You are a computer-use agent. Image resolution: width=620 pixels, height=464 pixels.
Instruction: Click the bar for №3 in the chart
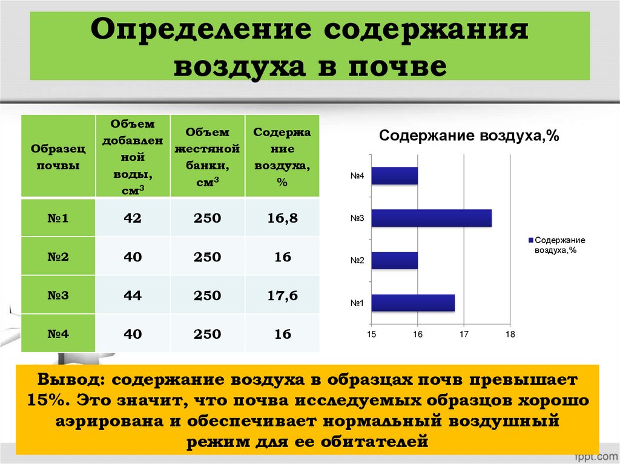tap(431, 218)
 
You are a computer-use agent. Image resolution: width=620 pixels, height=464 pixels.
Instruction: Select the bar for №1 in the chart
tap(412, 302)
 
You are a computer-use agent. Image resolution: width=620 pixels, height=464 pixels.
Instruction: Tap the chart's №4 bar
tap(394, 175)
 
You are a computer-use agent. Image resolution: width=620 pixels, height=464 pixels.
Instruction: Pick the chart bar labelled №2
tap(394, 260)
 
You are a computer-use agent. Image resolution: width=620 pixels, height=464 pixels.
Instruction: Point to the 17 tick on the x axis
tap(464, 335)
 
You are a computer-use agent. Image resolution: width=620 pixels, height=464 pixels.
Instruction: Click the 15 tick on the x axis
tap(371, 335)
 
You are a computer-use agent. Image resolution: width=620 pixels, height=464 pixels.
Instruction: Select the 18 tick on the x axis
tap(510, 335)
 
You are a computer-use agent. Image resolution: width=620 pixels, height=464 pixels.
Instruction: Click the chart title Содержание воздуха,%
tap(469, 136)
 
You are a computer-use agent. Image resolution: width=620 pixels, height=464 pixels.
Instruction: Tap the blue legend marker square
tap(530, 240)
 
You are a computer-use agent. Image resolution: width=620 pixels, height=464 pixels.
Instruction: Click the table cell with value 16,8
tap(282, 218)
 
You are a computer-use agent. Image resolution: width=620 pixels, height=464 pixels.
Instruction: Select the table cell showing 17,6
tap(282, 296)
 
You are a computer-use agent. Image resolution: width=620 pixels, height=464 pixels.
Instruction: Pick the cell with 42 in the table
tap(133, 218)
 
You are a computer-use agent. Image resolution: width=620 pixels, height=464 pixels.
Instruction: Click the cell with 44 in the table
tap(133, 296)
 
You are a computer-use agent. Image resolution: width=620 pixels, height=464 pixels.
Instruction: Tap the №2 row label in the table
tap(58, 257)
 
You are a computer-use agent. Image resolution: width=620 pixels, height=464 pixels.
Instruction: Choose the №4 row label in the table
tap(58, 333)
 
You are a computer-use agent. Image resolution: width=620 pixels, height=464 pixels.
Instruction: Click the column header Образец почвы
tap(58, 156)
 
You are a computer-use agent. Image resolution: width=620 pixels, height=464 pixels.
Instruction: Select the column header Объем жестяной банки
tap(207, 156)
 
